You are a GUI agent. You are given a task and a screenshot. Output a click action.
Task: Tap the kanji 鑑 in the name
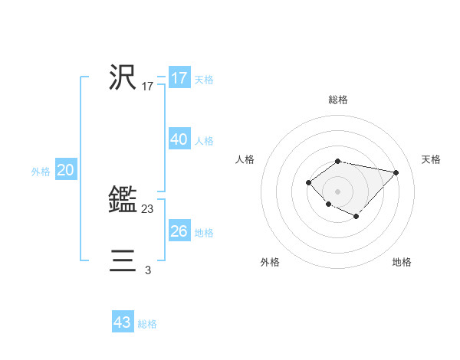coord(123,200)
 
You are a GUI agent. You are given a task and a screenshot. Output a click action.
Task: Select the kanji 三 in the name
coord(123,261)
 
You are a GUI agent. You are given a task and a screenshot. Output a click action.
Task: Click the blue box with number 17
coord(179,78)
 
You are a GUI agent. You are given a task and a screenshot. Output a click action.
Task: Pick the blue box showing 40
coord(179,139)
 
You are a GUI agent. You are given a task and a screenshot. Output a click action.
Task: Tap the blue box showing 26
coord(179,231)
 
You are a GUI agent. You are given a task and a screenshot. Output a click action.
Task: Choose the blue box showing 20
coord(66,171)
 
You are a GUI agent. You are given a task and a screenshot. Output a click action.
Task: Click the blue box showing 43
coord(123,322)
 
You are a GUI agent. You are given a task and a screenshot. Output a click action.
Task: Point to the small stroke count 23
coord(148,208)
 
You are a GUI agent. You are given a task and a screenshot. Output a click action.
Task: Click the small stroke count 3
coord(148,270)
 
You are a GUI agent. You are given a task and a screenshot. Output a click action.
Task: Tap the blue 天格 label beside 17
coord(204,80)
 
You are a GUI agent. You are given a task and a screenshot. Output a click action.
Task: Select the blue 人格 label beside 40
coord(204,141)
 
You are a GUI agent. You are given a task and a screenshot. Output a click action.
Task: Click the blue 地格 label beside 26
coord(204,233)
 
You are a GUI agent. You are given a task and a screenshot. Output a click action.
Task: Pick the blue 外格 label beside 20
coord(41,172)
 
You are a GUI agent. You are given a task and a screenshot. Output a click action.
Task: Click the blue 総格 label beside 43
coord(147,324)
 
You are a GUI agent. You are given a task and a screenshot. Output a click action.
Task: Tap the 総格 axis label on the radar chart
coord(338,100)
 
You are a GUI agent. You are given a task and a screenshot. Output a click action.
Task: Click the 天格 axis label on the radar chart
coord(431,159)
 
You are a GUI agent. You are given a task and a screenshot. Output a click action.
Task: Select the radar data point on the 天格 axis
coord(396,172)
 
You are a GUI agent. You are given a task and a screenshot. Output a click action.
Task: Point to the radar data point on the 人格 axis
coord(308,182)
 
